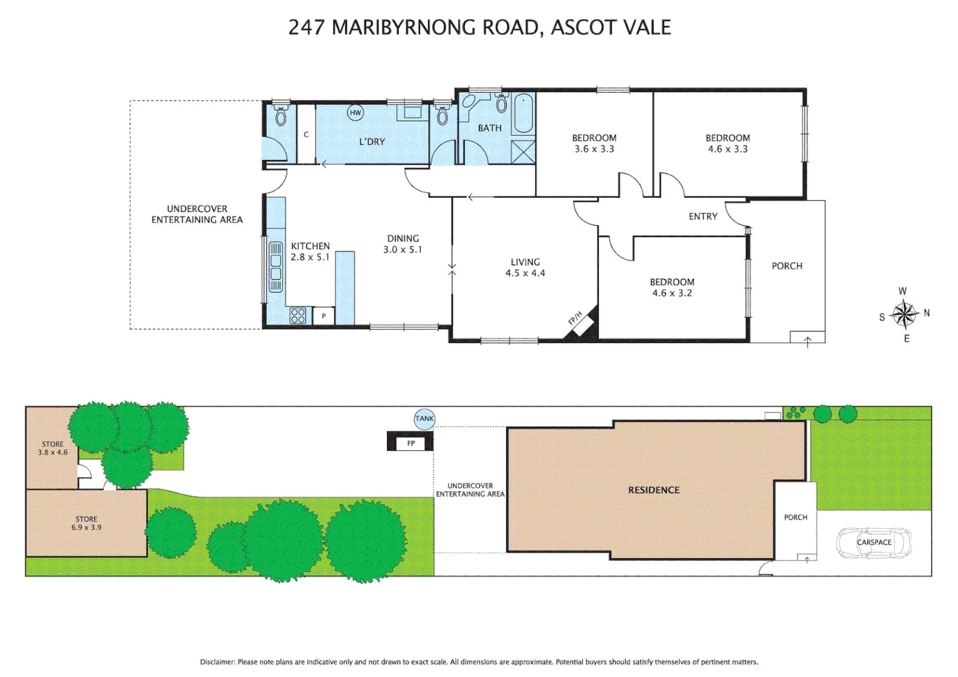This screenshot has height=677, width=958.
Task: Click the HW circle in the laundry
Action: (x=355, y=113)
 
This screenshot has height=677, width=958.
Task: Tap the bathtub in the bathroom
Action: (x=524, y=113)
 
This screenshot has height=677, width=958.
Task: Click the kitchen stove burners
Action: (x=298, y=316)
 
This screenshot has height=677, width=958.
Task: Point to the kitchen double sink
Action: (x=275, y=266)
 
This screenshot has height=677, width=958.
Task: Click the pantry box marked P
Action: (x=324, y=316)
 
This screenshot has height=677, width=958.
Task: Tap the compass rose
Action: (x=904, y=314)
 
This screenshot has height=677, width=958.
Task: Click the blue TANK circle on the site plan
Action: (x=424, y=419)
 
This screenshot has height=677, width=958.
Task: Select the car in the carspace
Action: (x=874, y=542)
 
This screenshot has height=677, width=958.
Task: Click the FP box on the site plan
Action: (x=411, y=443)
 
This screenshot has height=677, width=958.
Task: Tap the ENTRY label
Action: (x=703, y=216)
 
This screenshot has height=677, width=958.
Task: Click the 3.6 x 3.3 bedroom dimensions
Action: (x=594, y=149)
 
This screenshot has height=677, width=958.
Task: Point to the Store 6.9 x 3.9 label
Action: (x=87, y=523)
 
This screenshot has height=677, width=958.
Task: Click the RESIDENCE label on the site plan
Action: (x=654, y=490)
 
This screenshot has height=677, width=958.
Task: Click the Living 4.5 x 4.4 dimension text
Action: (x=525, y=273)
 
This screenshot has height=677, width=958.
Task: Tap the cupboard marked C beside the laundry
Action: (x=306, y=134)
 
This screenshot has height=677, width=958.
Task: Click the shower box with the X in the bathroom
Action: (x=524, y=152)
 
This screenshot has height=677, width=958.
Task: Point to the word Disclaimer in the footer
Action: (x=217, y=662)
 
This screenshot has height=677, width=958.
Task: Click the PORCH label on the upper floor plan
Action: (x=787, y=266)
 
